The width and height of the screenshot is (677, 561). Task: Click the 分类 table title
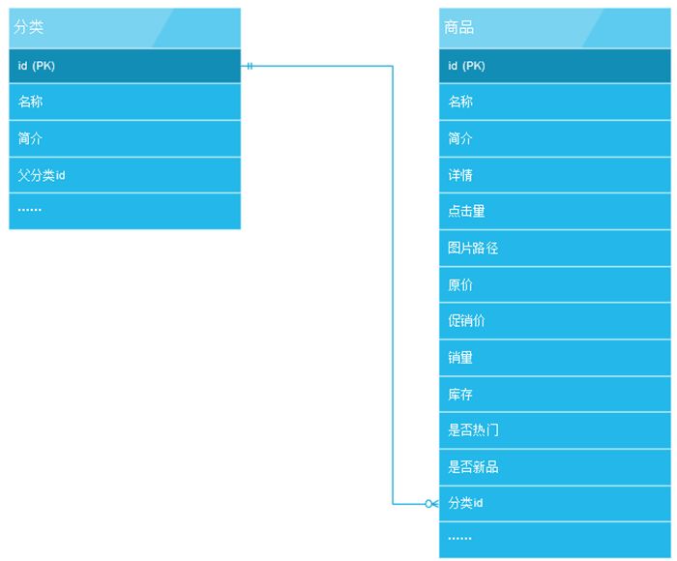point(28,27)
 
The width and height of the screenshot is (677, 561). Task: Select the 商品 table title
point(458,27)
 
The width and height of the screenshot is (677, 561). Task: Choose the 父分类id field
point(42,175)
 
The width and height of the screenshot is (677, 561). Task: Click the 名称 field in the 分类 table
point(30,102)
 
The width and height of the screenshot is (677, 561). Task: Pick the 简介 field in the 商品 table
point(460,138)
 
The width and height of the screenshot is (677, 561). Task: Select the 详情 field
point(460,175)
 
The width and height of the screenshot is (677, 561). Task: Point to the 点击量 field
point(466,211)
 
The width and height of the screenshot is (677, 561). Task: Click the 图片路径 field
point(473,248)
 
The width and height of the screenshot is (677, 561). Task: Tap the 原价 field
point(460,285)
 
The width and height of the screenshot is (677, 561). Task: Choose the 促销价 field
point(466,321)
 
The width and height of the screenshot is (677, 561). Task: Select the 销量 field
point(460,358)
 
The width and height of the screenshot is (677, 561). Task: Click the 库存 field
point(460,395)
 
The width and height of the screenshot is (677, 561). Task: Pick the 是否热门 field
point(473,430)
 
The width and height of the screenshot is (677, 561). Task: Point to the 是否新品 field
point(473,467)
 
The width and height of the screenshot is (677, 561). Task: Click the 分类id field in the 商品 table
point(465,503)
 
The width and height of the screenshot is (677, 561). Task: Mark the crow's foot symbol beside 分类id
point(431,504)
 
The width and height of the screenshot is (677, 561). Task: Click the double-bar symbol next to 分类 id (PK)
point(250,66)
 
